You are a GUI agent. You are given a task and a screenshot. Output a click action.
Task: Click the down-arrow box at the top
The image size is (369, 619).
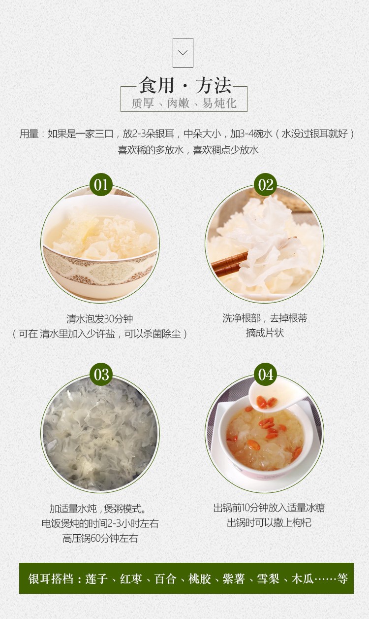[183, 53]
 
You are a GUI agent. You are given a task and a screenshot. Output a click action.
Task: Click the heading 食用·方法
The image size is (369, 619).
[185, 85]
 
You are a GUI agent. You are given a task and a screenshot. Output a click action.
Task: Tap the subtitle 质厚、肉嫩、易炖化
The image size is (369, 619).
[184, 103]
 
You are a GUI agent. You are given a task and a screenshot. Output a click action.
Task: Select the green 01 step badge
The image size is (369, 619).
[101, 185]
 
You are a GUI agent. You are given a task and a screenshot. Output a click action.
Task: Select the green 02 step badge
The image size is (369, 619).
[265, 185]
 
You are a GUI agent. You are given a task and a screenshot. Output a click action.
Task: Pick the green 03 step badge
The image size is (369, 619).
[101, 375]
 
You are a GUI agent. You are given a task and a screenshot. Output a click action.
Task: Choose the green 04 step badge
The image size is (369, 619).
[265, 375]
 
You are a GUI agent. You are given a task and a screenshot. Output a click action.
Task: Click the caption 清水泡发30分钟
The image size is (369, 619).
[99, 319]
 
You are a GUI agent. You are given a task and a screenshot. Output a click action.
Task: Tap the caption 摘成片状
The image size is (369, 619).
[265, 333]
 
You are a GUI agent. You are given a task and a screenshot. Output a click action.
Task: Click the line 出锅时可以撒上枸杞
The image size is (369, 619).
[269, 522]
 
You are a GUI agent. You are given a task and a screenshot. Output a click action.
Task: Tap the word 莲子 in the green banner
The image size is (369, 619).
[96, 578]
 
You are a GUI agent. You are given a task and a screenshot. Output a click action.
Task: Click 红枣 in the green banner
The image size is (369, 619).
[131, 578]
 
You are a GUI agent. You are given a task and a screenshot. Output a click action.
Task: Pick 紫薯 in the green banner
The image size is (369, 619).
[234, 578]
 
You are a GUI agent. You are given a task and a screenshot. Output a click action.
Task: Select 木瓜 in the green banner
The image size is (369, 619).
[302, 578]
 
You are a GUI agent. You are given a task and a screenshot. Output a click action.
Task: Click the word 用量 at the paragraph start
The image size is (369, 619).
[29, 134]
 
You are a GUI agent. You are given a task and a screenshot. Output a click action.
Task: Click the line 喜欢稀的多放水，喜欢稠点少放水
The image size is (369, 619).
[188, 150]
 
